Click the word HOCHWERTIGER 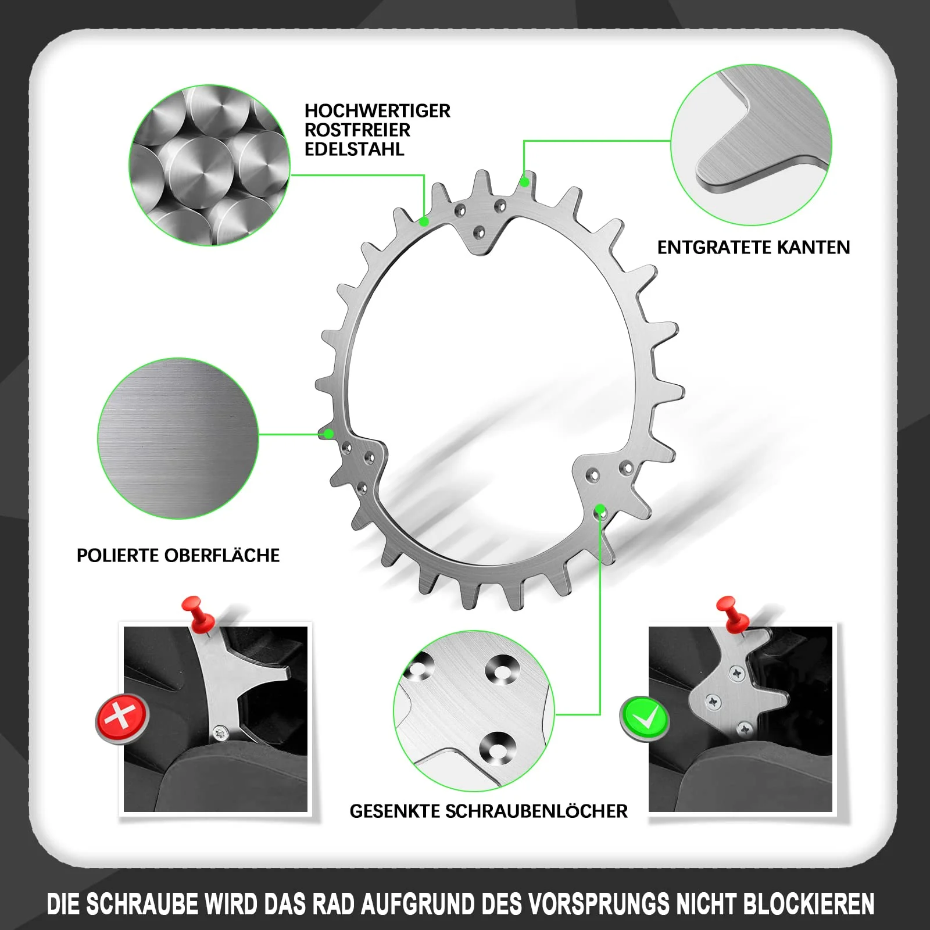pos(377,110)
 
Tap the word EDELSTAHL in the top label pos(354,149)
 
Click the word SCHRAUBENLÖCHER pos(536,811)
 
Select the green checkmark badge pos(645,717)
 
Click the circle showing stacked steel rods pos(209,165)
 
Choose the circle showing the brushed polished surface pos(178,438)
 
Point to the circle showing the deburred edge pos(752,145)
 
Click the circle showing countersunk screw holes pos(474,711)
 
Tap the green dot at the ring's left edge pos(329,434)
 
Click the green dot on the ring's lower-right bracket pos(600,510)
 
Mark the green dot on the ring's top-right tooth pos(524,182)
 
